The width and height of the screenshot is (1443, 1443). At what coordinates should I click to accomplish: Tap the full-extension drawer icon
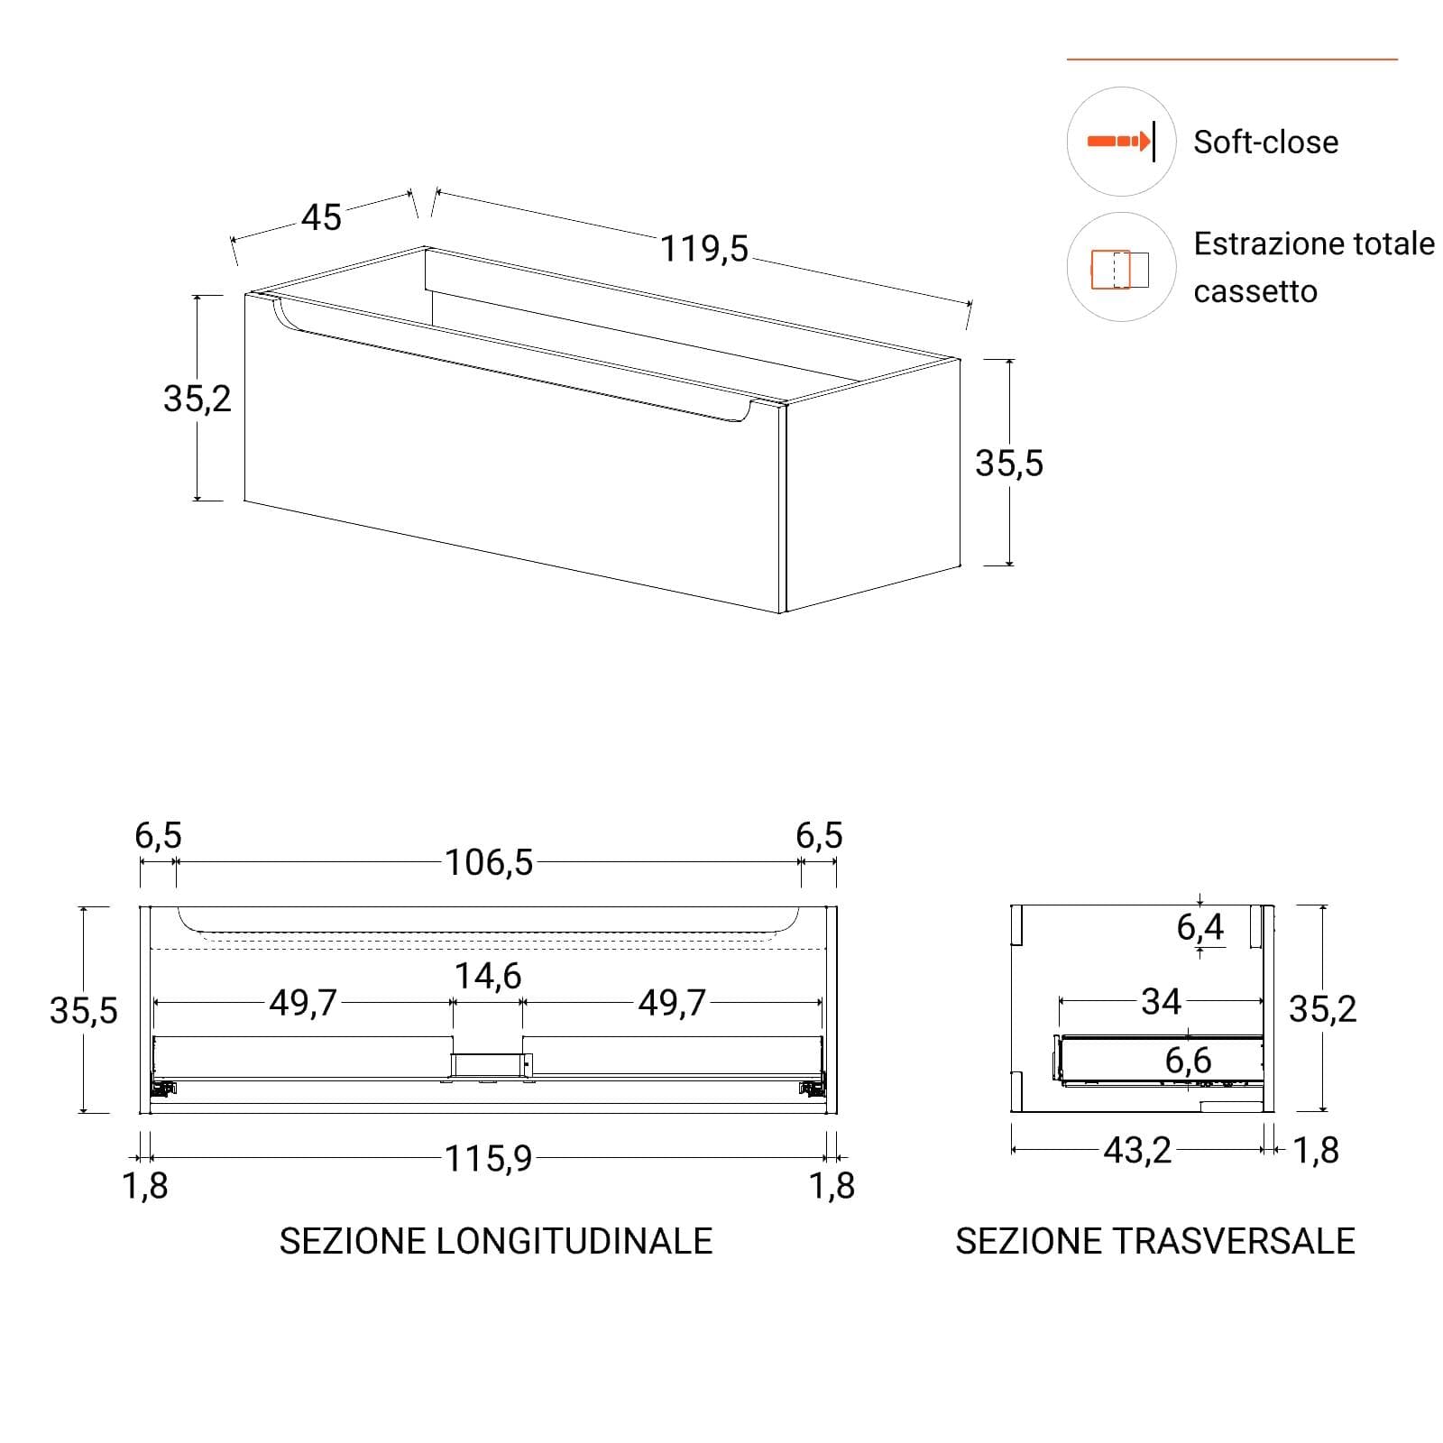pyautogui.click(x=1120, y=269)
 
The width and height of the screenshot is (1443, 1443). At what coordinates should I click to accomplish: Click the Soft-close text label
pyautogui.click(x=1265, y=142)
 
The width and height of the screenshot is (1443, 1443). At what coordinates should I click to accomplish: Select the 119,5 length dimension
pyautogui.click(x=704, y=248)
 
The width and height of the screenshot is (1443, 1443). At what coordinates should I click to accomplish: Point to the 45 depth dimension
pyautogui.click(x=321, y=217)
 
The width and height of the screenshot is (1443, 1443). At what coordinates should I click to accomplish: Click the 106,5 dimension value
pyautogui.click(x=489, y=863)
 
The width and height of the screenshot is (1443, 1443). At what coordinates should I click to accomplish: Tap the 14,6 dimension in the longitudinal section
pyautogui.click(x=487, y=976)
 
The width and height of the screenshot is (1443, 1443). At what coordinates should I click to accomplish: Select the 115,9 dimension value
pyautogui.click(x=489, y=1159)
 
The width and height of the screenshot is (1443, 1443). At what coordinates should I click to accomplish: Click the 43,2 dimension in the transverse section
pyautogui.click(x=1137, y=1150)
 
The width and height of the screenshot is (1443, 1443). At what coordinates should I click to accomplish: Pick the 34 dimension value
pyautogui.click(x=1161, y=1001)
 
